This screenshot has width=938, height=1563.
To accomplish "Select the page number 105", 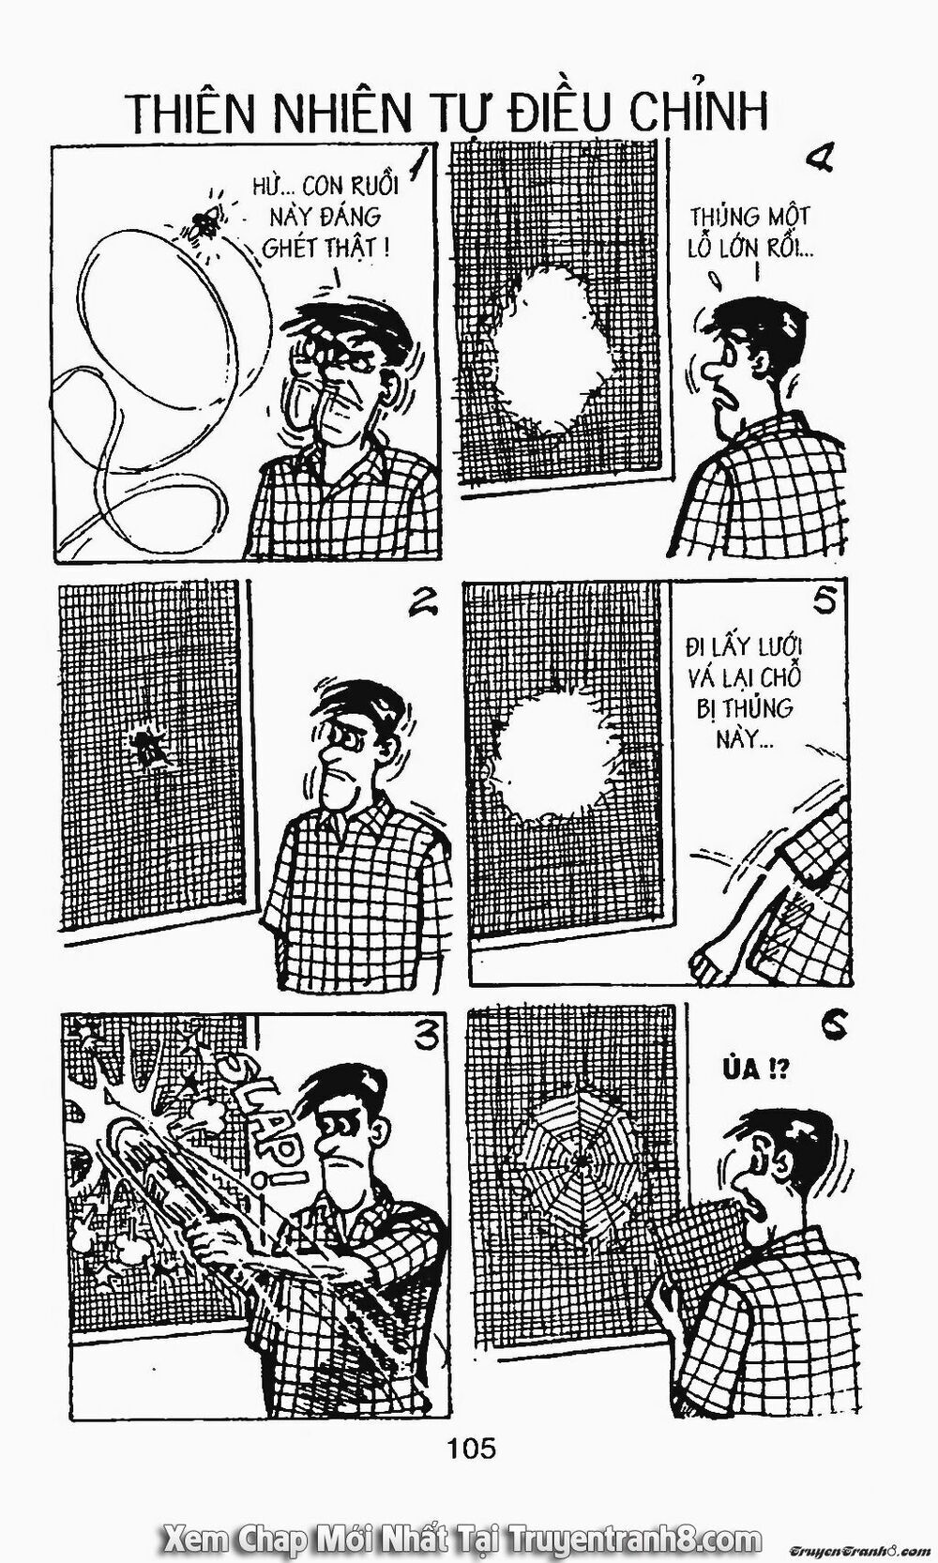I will (x=471, y=1448).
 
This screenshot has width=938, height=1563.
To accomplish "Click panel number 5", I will (x=824, y=602).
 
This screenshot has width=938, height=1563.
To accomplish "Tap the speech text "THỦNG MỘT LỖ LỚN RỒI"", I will (x=750, y=233).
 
